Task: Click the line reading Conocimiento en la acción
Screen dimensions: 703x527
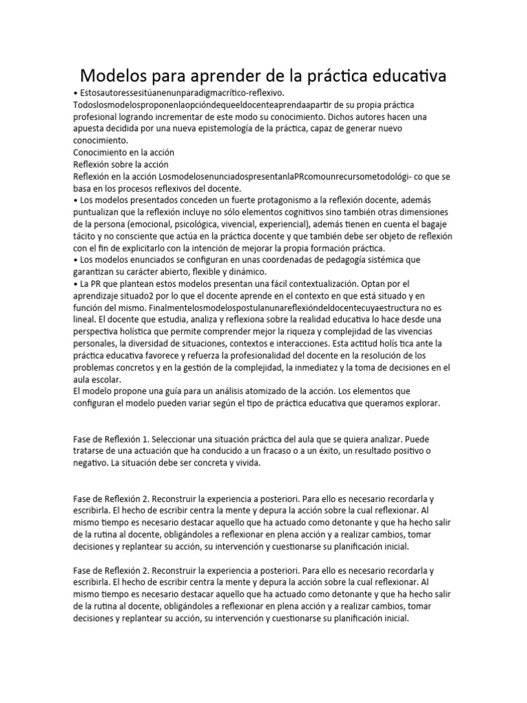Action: tap(124, 152)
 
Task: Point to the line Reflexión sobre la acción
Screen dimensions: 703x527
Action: tap(120, 164)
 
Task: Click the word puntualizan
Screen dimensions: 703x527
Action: tap(98, 213)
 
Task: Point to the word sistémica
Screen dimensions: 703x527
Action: tap(371, 260)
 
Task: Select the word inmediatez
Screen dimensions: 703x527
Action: tap(323, 367)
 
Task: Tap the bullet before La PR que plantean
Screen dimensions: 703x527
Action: tap(75, 284)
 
